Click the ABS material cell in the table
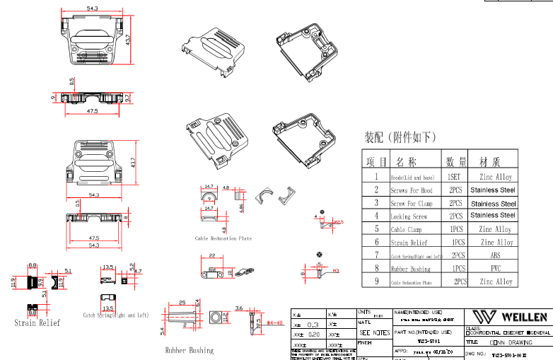point(495,255)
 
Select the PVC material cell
point(495,269)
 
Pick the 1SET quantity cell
point(456,178)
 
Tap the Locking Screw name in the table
point(409,216)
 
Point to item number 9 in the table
point(376,281)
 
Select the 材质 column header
point(495,162)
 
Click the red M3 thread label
point(336,270)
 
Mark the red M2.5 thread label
point(338,222)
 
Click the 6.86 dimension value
point(241,207)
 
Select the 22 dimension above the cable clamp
point(212,255)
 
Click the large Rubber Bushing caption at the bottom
point(189,350)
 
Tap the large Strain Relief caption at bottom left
point(37,323)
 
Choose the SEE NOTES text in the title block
point(375,332)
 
